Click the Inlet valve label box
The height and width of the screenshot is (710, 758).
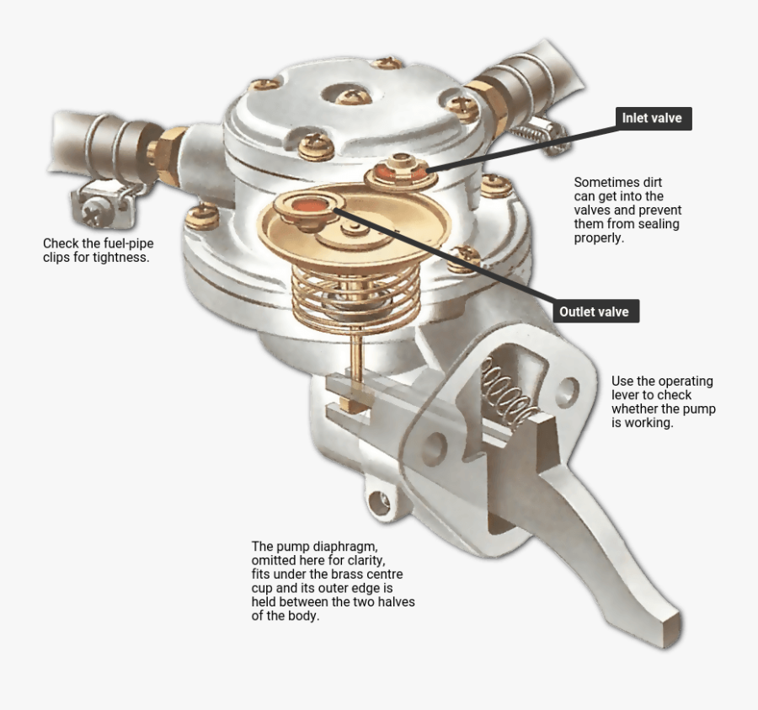tap(652, 119)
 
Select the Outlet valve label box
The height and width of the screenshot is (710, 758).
tap(594, 312)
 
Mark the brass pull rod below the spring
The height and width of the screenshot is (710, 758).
tap(359, 362)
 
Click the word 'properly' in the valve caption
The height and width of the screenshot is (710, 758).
tap(599, 238)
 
